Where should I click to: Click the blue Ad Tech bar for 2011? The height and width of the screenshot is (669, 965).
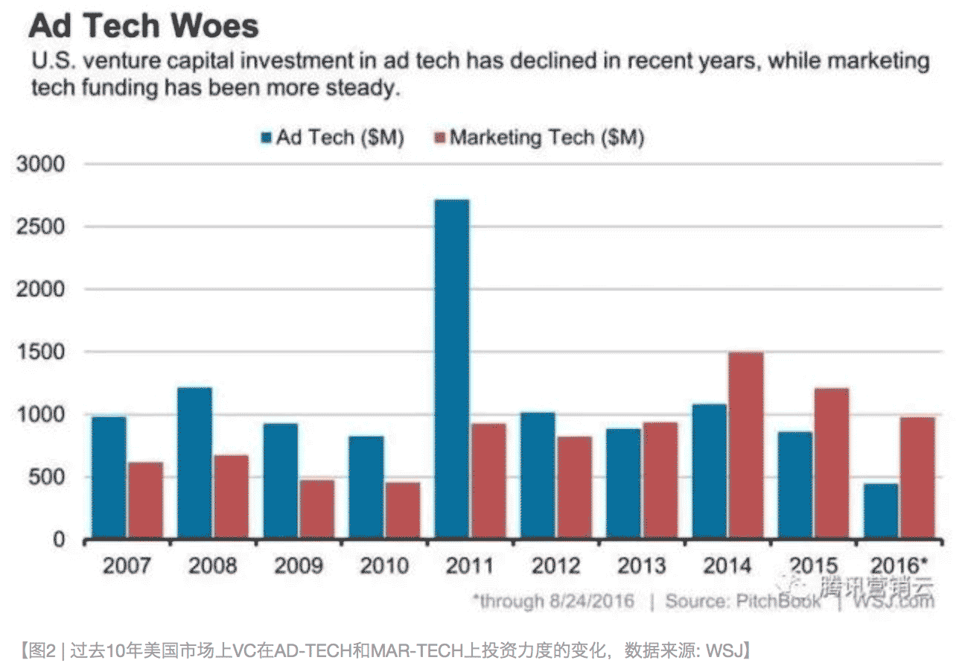(x=451, y=369)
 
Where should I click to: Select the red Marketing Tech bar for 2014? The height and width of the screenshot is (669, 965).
(x=745, y=445)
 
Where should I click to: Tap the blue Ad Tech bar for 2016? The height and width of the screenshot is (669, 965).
(x=880, y=510)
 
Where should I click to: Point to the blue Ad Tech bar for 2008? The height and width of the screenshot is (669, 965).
(x=194, y=462)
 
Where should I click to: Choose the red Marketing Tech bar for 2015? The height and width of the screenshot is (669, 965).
(x=831, y=463)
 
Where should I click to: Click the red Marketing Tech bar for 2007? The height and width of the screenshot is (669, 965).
(x=145, y=499)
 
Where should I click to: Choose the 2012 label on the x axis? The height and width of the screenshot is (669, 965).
(x=556, y=565)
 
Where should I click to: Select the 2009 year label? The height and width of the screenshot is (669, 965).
(x=299, y=565)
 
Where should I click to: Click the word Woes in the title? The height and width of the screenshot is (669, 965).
(x=215, y=27)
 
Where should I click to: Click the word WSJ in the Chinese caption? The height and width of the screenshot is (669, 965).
(x=721, y=652)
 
